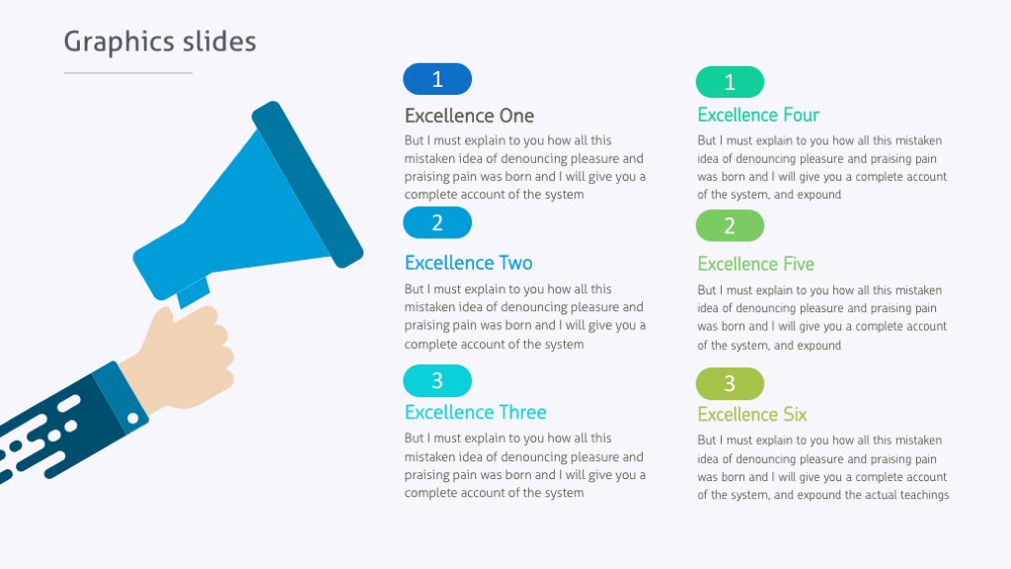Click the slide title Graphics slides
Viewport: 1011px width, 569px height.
click(x=160, y=41)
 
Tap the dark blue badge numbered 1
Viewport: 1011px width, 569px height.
click(x=437, y=79)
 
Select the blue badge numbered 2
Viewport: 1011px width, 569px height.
click(x=437, y=223)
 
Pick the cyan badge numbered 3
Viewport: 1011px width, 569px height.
click(x=437, y=380)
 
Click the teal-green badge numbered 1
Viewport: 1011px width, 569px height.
click(x=730, y=82)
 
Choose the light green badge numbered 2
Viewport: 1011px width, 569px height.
click(x=730, y=225)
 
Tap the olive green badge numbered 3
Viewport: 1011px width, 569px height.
click(x=730, y=383)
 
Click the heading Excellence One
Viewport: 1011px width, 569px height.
click(x=469, y=116)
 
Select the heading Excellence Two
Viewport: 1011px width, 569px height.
click(x=468, y=263)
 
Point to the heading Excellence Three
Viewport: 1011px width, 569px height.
click(x=475, y=412)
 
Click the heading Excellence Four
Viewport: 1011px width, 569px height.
click(x=758, y=116)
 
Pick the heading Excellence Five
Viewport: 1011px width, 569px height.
click(x=755, y=264)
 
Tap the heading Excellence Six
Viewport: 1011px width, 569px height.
click(x=751, y=414)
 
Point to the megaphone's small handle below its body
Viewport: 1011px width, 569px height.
click(x=194, y=293)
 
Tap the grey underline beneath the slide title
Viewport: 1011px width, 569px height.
click(x=128, y=73)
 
